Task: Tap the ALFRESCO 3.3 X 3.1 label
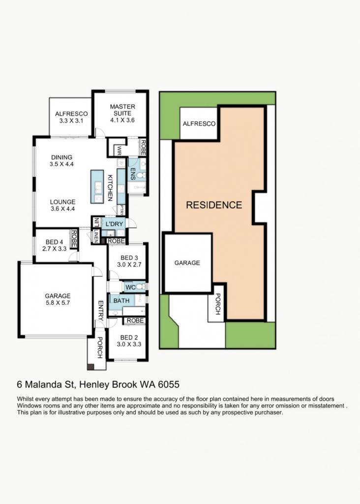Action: [71, 117]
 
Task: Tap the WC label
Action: [130, 287]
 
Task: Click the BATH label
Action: [121, 301]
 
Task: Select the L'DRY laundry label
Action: [114, 224]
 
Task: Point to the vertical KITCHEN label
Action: [110, 188]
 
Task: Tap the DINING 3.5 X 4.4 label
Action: [61, 160]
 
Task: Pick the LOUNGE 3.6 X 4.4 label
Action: [62, 205]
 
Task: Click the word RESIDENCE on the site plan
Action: [214, 205]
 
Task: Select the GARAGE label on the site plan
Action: [187, 263]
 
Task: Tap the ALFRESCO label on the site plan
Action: [199, 124]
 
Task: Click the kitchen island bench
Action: [97, 187]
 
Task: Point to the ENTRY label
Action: [100, 311]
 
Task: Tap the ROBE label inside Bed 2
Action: [135, 320]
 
